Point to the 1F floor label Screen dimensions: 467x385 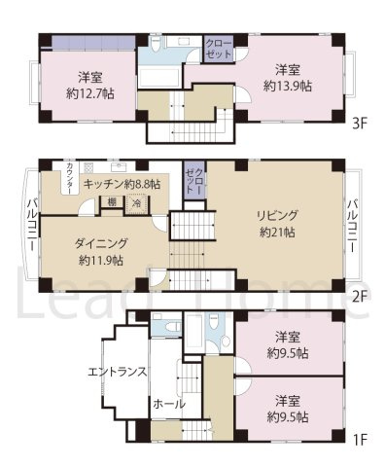[361, 438]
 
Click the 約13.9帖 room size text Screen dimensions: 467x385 [287, 86]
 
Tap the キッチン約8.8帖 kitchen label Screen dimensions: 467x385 [122, 183]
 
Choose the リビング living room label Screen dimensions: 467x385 [277, 215]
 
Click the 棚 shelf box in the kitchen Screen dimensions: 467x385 [114, 203]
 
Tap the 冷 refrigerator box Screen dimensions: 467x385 [137, 203]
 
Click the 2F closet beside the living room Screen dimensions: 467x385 [194, 181]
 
